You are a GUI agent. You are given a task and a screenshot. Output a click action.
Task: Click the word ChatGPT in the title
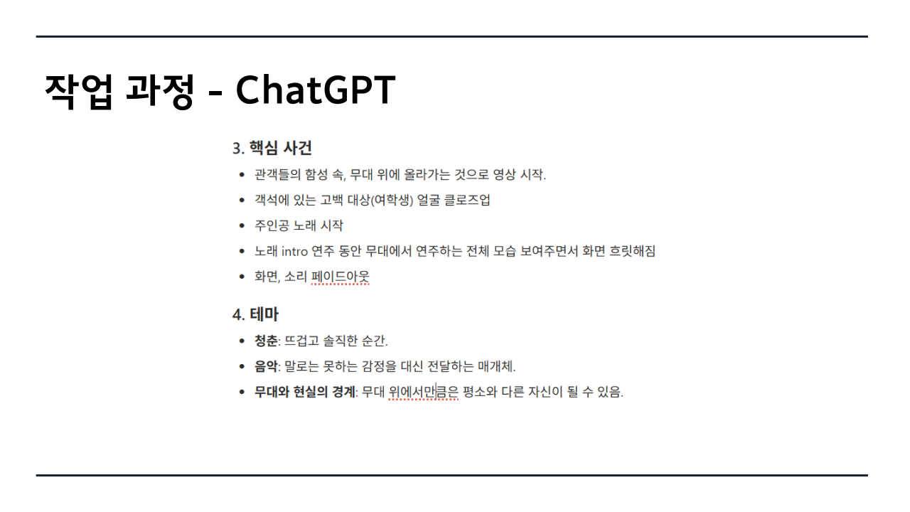(x=316, y=90)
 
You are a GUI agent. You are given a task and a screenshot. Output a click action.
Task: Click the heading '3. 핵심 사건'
(x=272, y=148)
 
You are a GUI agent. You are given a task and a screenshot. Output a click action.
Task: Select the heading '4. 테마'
(x=255, y=314)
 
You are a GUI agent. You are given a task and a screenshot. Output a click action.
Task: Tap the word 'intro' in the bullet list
(x=294, y=252)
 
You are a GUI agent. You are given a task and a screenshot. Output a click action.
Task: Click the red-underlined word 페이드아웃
(x=341, y=277)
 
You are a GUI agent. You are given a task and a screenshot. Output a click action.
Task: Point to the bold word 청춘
(x=266, y=341)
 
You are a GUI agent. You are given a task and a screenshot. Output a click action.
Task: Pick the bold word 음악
(x=266, y=366)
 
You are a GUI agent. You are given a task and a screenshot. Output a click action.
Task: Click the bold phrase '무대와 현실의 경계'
(x=305, y=392)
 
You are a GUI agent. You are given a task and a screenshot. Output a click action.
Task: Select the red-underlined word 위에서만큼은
(x=423, y=392)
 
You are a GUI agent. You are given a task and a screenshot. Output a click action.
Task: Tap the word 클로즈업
(x=467, y=200)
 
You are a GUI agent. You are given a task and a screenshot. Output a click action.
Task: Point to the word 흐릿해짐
(x=632, y=251)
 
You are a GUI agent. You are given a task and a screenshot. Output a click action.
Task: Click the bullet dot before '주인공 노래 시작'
(x=242, y=225)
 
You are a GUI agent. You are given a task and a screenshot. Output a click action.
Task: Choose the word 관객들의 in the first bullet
(x=277, y=174)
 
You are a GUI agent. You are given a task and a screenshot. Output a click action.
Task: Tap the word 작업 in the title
(x=78, y=91)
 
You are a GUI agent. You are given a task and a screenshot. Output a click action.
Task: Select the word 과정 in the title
(x=160, y=91)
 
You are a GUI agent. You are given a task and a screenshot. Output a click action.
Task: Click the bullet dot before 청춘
(x=242, y=341)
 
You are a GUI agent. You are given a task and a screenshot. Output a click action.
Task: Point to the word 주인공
(x=272, y=225)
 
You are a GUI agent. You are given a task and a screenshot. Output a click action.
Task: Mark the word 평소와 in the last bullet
(x=480, y=392)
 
